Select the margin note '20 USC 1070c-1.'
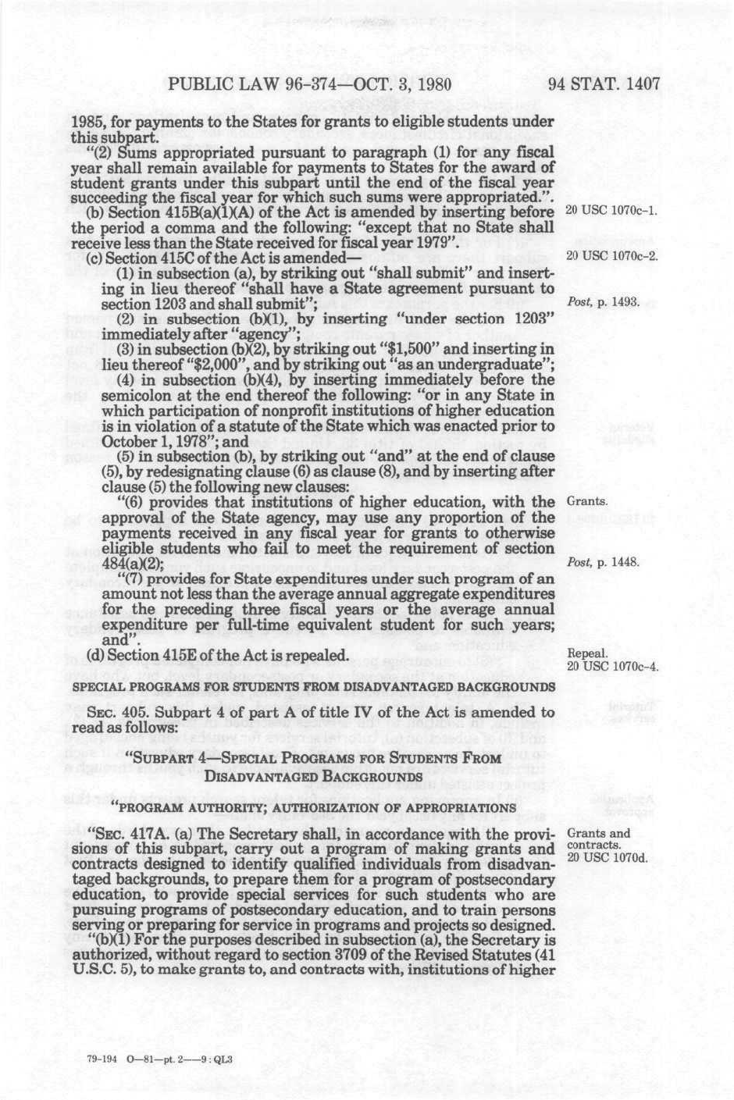point(611,212)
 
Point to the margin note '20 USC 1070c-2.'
point(611,257)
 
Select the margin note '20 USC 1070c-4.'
point(611,666)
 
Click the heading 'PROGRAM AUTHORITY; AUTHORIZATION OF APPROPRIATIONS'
point(314,806)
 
